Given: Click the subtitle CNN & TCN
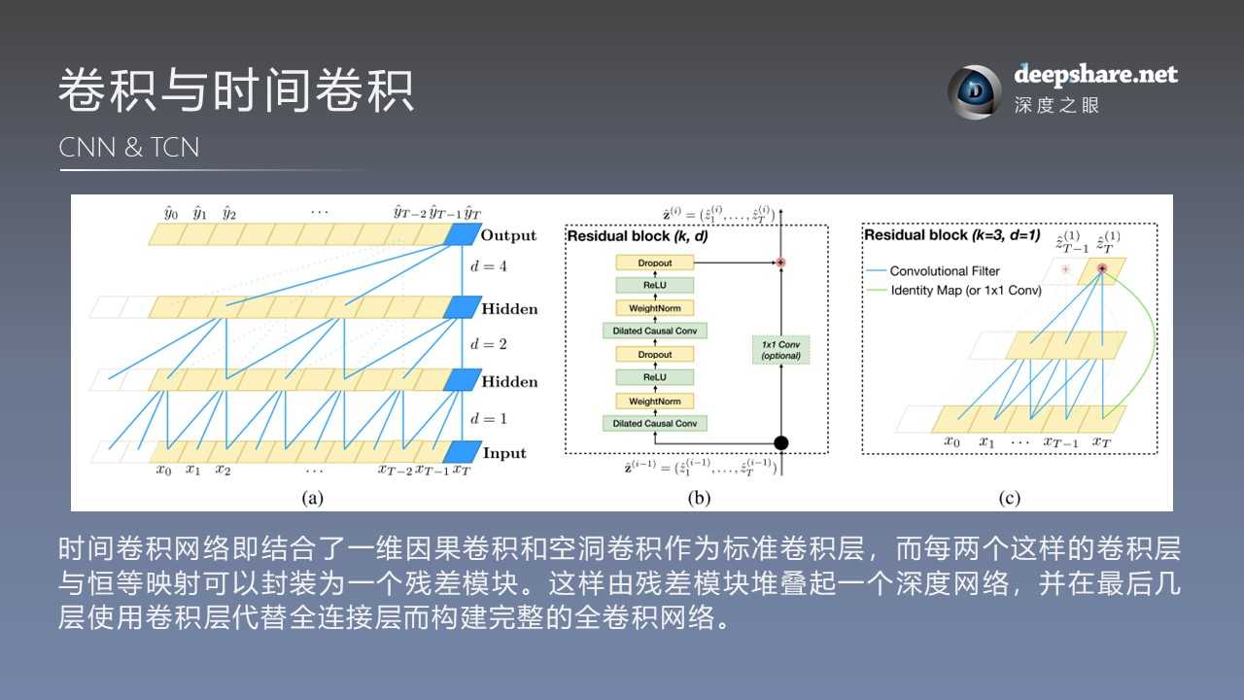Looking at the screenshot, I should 129,148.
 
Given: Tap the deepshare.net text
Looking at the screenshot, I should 1095,74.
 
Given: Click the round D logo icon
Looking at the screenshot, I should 974,92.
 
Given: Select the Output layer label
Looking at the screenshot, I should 508,235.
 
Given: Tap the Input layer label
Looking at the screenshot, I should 504,453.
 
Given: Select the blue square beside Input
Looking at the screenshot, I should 460,452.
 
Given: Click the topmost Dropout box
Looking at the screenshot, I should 654,262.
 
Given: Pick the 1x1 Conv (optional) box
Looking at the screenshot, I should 780,350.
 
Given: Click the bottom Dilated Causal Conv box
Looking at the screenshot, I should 654,423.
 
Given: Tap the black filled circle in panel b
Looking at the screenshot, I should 780,443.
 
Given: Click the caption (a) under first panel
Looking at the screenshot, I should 312,498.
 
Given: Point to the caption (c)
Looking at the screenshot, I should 1009,498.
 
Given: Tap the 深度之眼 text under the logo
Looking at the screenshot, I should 1056,105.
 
